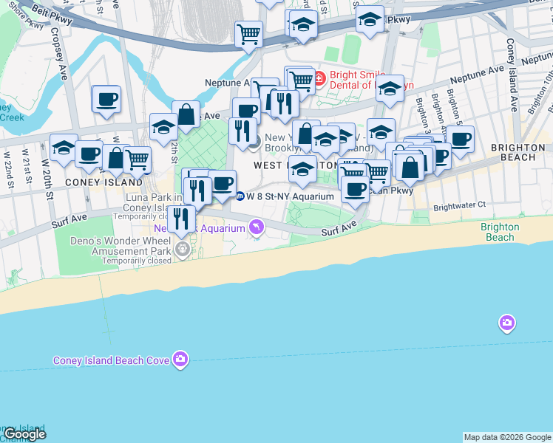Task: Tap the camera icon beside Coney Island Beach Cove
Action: point(180,360)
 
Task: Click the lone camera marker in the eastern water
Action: point(506,323)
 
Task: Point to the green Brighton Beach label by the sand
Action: point(500,232)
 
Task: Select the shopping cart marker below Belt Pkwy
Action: point(249,34)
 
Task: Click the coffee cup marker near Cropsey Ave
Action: point(106,99)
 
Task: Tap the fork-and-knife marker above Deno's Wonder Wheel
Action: point(181,219)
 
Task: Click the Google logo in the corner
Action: point(24,434)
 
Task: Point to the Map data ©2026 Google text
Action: point(506,437)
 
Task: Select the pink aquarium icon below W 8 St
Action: point(256,227)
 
